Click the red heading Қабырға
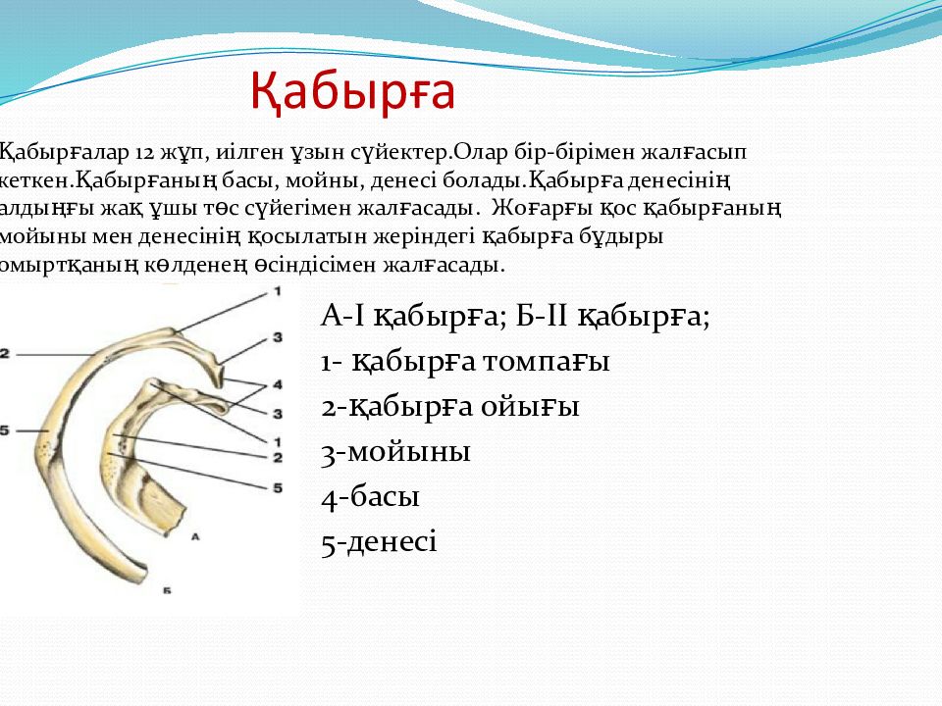pyautogui.click(x=352, y=92)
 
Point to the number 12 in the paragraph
pyautogui.click(x=144, y=153)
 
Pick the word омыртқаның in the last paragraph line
pyautogui.click(x=69, y=265)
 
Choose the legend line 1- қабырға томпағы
pyautogui.click(x=465, y=362)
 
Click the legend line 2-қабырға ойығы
pyautogui.click(x=450, y=406)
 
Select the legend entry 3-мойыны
pyautogui.click(x=395, y=451)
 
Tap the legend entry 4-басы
pyautogui.click(x=370, y=496)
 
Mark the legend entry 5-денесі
pyautogui.click(x=379, y=541)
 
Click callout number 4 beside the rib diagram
pyautogui.click(x=278, y=384)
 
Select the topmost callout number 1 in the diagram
pyautogui.click(x=278, y=291)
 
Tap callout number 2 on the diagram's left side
pyautogui.click(x=5, y=354)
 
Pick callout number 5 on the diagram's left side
pyautogui.click(x=5, y=430)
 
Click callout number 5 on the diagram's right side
pyautogui.click(x=278, y=487)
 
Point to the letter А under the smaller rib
pyautogui.click(x=194, y=536)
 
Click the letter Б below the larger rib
pyautogui.click(x=167, y=590)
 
